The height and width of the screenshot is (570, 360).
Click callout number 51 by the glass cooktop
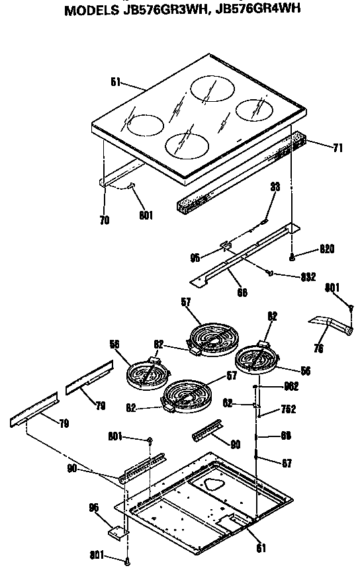click(114, 83)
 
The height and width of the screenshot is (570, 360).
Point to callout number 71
click(337, 148)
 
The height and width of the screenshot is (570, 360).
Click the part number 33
click(275, 187)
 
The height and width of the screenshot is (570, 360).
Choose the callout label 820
click(327, 249)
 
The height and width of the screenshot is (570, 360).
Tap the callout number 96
click(93, 508)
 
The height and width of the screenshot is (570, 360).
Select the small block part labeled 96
click(118, 530)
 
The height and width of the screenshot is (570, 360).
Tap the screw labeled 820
click(292, 255)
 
